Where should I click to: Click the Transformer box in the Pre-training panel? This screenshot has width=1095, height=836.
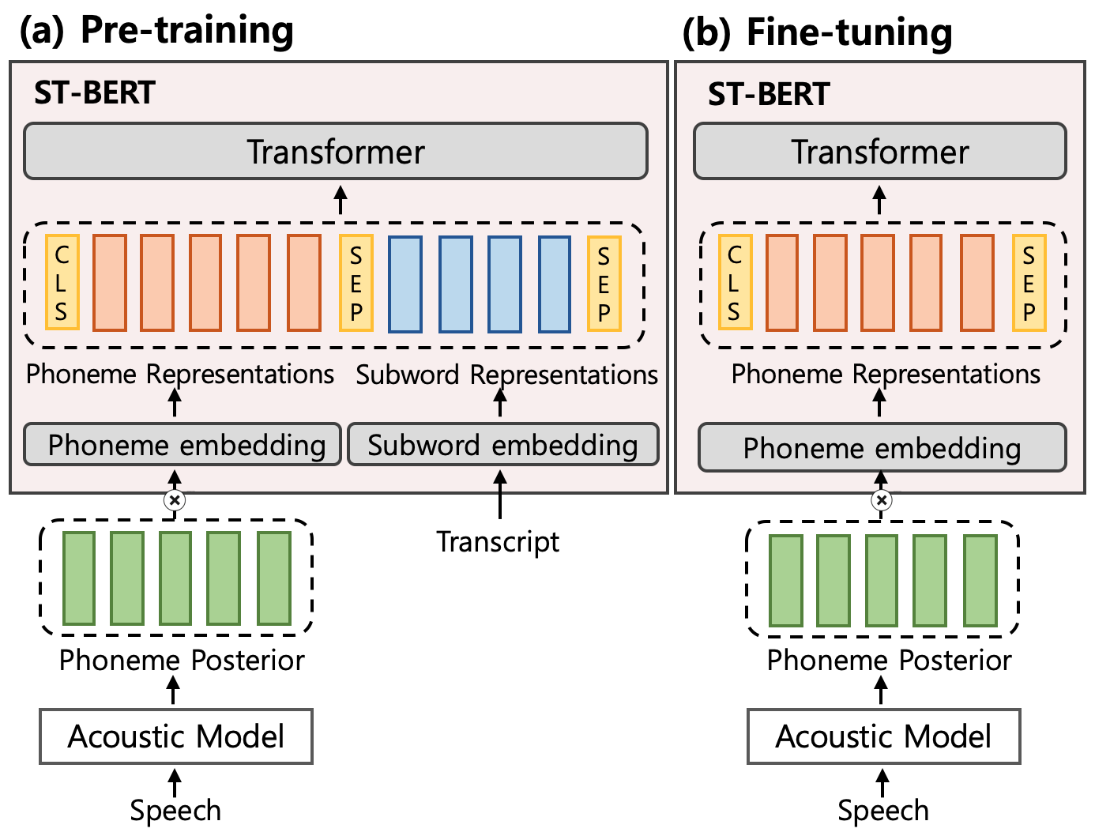pyautogui.click(x=336, y=151)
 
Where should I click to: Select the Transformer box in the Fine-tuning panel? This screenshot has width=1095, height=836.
pyautogui.click(x=879, y=151)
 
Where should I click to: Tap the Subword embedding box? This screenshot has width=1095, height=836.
pyautogui.click(x=502, y=445)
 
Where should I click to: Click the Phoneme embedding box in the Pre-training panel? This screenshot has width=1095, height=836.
pyautogui.click(x=182, y=445)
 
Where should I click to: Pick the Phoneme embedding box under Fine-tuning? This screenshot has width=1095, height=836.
pyautogui.click(x=882, y=448)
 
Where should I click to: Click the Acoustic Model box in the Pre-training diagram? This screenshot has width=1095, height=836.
pyautogui.click(x=176, y=736)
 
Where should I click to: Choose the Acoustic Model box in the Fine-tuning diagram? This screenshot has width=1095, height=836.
pyautogui.click(x=883, y=736)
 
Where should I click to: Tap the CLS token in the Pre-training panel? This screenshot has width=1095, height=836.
pyautogui.click(x=62, y=282)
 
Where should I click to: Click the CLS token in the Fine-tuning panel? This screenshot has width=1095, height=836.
pyautogui.click(x=734, y=282)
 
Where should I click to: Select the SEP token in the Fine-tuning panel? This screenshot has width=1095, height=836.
pyautogui.click(x=1029, y=282)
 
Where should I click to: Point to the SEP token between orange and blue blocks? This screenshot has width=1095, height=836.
pyautogui.click(x=356, y=282)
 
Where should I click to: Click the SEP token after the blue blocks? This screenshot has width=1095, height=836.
pyautogui.click(x=604, y=282)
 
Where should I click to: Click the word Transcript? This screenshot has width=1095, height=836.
pyautogui.click(x=498, y=542)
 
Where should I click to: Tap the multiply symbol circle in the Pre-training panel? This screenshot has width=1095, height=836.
pyautogui.click(x=175, y=499)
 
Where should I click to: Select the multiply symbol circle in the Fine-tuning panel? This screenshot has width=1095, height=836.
pyautogui.click(x=882, y=499)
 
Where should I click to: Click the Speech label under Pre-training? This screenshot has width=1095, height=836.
pyautogui.click(x=175, y=811)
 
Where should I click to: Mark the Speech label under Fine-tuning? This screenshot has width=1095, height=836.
pyautogui.click(x=882, y=811)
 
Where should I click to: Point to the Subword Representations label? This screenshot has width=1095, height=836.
pyautogui.click(x=506, y=375)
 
